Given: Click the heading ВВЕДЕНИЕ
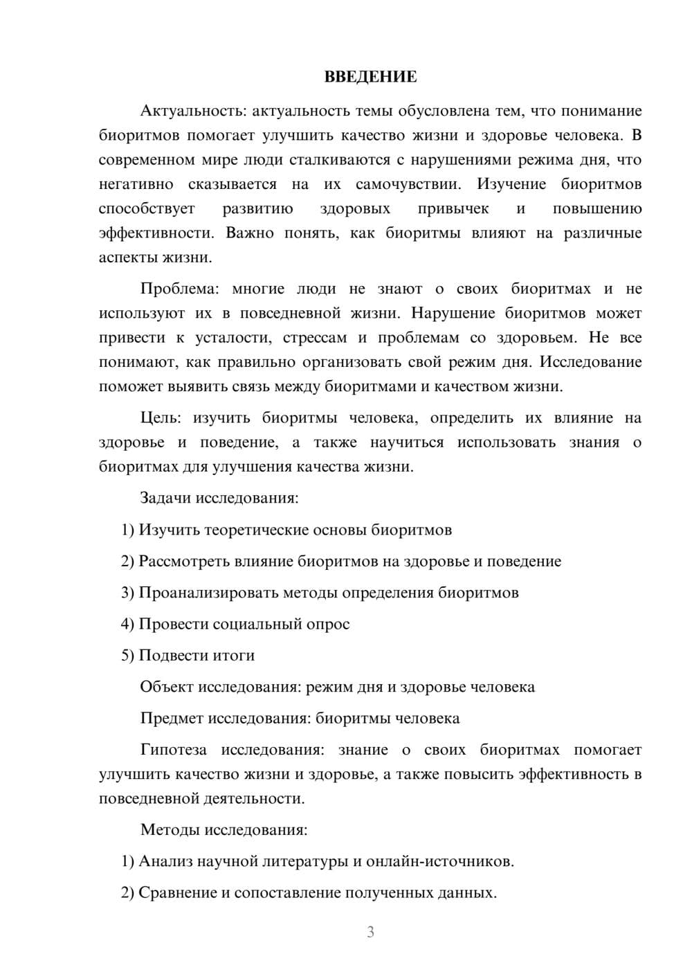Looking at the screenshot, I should (370, 77).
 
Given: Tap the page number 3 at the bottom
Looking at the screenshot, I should (370, 932).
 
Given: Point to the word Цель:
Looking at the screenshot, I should (161, 417).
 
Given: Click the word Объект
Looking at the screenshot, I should (167, 687).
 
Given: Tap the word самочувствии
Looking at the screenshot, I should (408, 184).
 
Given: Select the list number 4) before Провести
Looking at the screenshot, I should (127, 624).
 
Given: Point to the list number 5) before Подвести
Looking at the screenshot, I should (127, 655).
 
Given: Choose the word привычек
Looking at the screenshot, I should (453, 209).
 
